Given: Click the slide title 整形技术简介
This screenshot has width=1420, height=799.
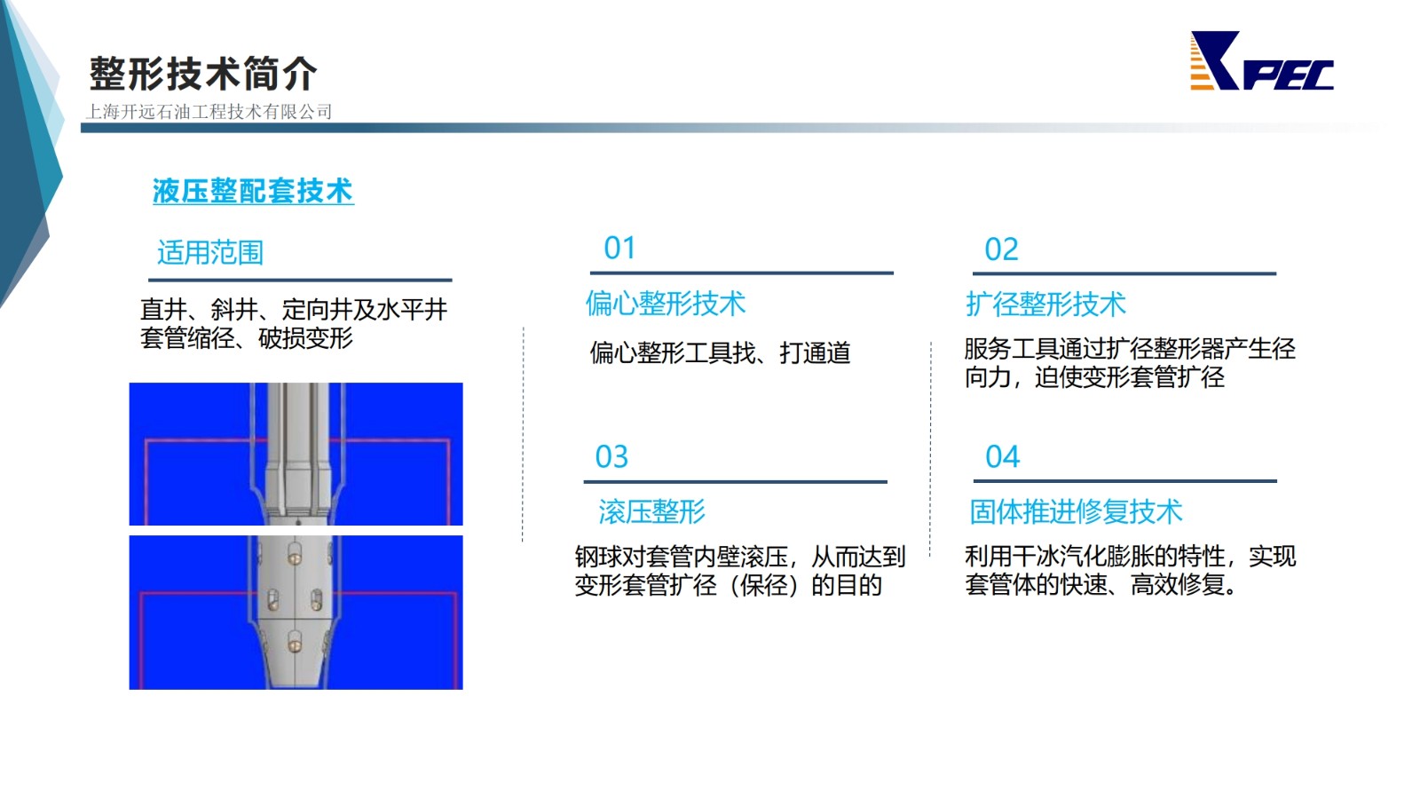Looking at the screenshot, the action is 203,74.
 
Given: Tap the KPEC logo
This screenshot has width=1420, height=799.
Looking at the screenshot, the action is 1261,61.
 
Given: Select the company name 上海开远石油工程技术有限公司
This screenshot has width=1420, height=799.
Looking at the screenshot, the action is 209,112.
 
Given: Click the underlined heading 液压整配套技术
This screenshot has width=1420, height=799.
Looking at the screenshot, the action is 253,191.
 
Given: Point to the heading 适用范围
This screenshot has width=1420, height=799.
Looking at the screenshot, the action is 210,252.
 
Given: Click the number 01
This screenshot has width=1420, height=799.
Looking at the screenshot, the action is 619,248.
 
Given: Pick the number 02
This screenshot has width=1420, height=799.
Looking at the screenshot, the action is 1001,249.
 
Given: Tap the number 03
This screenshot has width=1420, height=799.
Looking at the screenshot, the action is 611,456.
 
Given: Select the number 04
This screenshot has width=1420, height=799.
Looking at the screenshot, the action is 1002,456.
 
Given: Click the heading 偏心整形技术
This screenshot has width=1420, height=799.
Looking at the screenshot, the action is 666,304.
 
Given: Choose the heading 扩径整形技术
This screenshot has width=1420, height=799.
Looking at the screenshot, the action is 1046,305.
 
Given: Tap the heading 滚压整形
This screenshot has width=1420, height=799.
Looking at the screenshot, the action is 651,511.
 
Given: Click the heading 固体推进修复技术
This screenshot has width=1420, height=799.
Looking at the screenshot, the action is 1076,511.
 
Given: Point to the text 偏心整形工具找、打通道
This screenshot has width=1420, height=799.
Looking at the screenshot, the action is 720,352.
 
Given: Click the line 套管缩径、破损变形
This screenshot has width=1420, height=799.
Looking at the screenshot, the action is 247,338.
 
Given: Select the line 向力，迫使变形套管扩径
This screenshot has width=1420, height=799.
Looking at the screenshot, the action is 1095,377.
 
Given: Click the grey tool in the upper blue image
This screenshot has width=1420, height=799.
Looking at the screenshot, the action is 297,454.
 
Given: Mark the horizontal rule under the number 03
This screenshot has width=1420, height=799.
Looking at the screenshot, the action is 736,482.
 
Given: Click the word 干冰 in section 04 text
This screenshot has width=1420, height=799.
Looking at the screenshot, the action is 1035,557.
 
